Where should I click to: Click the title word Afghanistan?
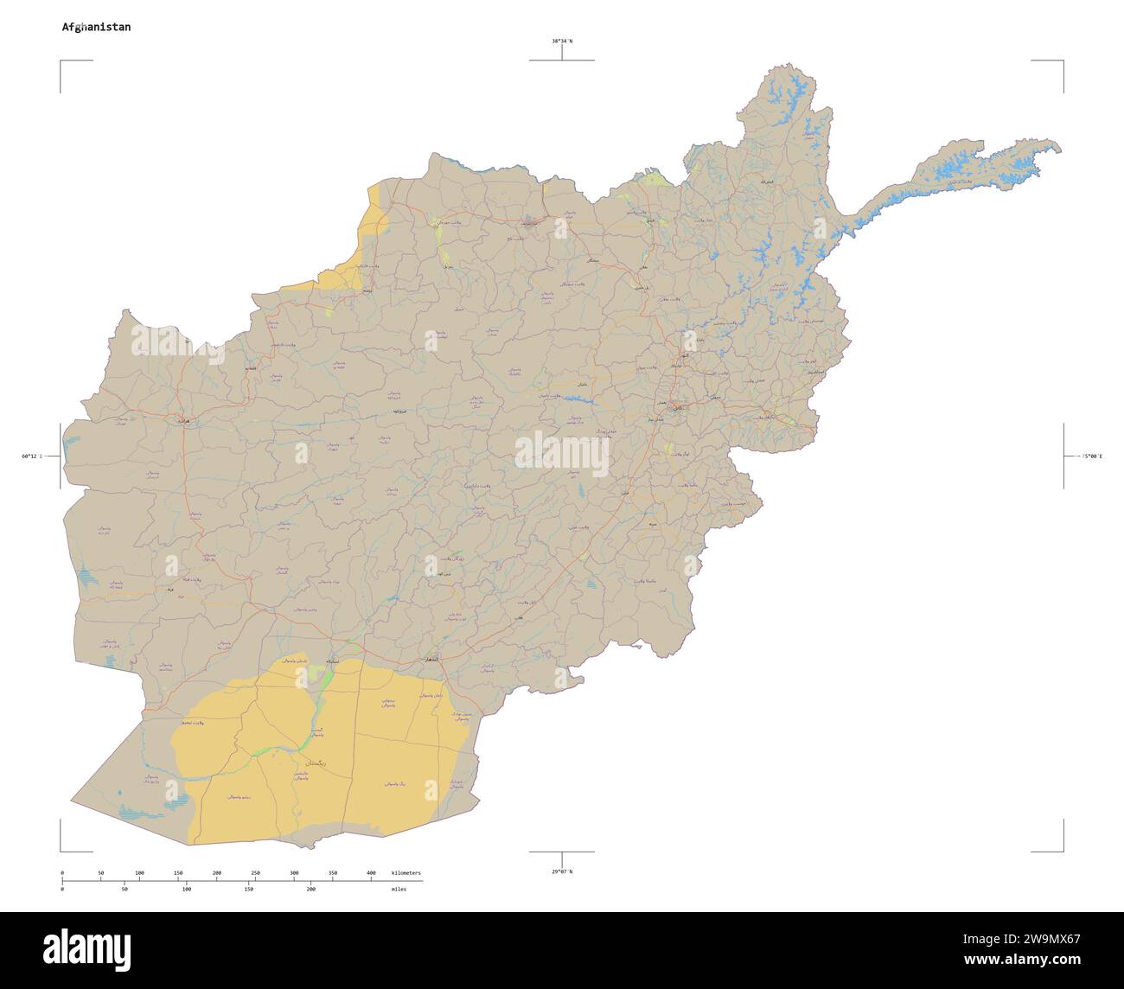coord(96,27)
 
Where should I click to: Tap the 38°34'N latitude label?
coord(562,41)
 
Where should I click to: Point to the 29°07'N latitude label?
coord(562,871)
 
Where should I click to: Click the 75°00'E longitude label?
coord(1087,456)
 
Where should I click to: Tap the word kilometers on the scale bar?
coord(406,873)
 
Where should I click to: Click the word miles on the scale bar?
coord(399,889)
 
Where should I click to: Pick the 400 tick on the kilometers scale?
coord(371,873)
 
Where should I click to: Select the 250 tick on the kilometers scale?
coord(255,873)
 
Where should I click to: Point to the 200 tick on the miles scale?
coord(310,889)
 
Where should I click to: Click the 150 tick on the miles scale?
coord(248,889)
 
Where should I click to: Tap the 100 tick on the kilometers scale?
coord(139,873)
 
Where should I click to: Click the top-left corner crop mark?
coord(61,62)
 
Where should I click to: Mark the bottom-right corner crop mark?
coord(1062,850)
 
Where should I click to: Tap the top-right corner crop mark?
coord(1062,62)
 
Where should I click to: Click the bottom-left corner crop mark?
coord(61,850)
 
